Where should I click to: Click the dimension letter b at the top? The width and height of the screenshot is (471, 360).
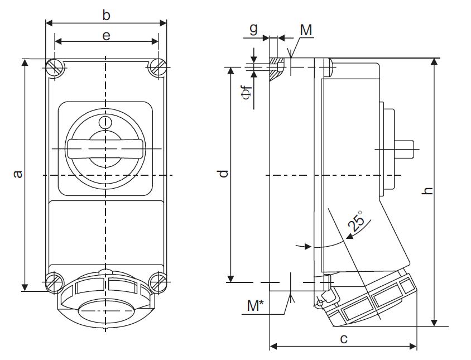click(106, 15)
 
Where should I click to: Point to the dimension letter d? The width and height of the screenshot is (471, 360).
click(223, 174)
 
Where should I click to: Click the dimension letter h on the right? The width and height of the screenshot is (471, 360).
click(428, 191)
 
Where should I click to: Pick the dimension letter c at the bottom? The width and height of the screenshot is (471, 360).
click(344, 338)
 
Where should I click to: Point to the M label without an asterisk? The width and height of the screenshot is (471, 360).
click(306, 30)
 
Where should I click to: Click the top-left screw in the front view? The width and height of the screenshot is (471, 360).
click(55, 68)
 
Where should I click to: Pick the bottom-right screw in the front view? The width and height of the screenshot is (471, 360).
click(157, 281)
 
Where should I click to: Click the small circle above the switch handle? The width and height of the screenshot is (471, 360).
click(105, 122)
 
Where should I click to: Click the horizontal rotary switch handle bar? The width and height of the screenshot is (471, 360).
click(105, 149)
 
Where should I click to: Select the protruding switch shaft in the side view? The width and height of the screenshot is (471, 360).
click(407, 149)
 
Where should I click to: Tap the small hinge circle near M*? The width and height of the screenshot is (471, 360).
click(320, 303)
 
